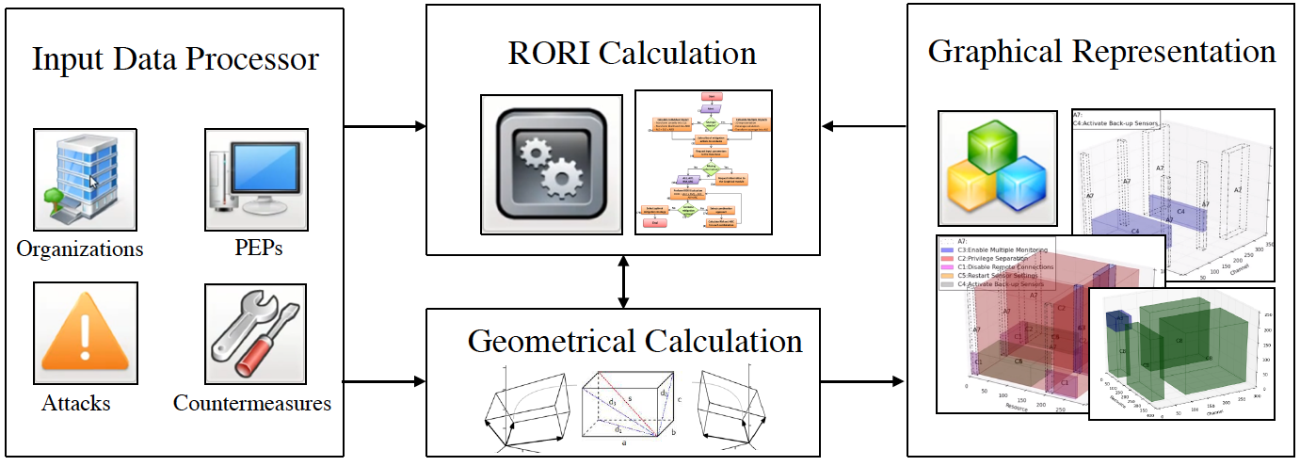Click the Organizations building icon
(85, 180)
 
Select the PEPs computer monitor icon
(257, 180)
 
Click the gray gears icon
(551, 164)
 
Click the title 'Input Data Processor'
(175, 59)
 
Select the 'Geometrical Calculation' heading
(635, 340)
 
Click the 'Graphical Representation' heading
(1101, 51)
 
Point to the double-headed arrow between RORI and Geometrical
(622, 281)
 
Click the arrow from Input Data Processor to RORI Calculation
(385, 126)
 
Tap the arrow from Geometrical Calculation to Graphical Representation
(862, 382)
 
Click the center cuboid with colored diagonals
(624, 410)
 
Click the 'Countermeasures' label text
(252, 403)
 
